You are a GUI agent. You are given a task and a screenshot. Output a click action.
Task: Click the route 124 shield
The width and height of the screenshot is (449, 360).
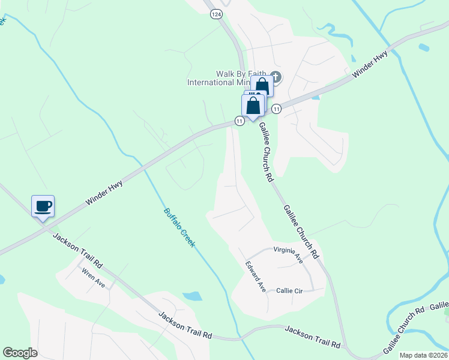point(216,13)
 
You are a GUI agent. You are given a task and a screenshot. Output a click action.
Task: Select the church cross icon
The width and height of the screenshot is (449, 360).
point(276,76)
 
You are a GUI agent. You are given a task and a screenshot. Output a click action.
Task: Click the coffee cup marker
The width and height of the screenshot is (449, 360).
point(43,207)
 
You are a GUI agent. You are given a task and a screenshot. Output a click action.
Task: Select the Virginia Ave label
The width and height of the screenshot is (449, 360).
point(288,254)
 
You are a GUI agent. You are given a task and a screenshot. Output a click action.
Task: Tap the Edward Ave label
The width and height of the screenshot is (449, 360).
point(256,276)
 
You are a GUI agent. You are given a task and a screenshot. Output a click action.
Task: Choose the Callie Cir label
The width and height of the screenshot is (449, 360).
point(289,290)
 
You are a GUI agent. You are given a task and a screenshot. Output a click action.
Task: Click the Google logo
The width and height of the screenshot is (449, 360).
point(20,353)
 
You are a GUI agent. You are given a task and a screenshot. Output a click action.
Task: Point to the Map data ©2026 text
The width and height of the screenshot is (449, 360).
point(423,355)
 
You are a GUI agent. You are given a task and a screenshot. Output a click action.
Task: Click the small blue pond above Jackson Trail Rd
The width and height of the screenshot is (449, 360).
point(191,296)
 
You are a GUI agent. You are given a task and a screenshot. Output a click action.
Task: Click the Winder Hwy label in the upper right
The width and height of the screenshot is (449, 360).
point(370,65)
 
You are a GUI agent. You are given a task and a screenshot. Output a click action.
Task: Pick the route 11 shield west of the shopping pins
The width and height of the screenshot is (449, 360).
point(240,121)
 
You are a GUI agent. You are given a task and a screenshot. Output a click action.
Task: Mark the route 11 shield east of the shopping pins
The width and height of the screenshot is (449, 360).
point(276,109)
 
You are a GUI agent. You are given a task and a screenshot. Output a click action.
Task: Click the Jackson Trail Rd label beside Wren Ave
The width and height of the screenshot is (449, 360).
point(78,250)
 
